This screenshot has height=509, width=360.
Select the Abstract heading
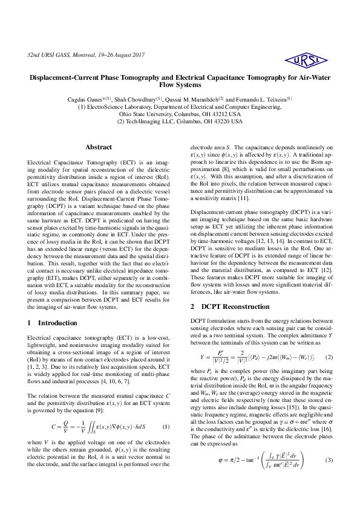coord(98,147)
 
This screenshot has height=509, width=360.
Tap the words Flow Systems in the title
coord(180,85)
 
